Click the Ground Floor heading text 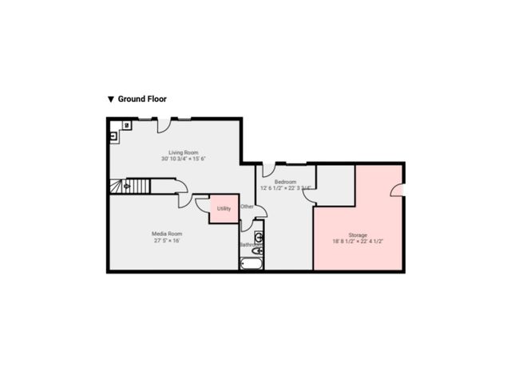142,100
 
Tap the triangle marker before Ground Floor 111,100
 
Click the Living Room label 183,152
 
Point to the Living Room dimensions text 183,159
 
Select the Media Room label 168,234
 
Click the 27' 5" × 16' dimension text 168,240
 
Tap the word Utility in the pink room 224,208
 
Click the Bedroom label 286,182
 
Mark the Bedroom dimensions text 286,188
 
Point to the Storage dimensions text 358,241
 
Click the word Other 248,207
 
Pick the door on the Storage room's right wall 396,189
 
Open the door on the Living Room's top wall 163,125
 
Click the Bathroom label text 251,245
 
